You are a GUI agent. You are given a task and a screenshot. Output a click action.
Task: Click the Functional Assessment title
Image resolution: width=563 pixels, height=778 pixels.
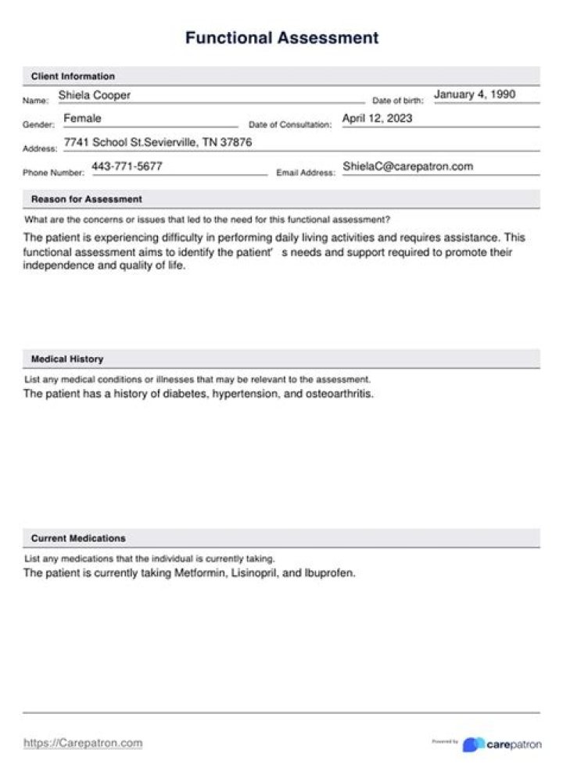(281, 37)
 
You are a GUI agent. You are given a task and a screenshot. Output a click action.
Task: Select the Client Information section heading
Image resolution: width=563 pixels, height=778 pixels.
(73, 77)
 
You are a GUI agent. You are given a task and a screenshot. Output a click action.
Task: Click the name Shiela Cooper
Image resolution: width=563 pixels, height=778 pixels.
(95, 95)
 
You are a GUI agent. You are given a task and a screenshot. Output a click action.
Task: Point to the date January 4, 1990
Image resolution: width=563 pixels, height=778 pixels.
(475, 95)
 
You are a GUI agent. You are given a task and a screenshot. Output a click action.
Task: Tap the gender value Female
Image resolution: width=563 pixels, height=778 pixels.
(82, 119)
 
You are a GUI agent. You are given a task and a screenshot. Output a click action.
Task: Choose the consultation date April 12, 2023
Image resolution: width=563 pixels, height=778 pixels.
(377, 119)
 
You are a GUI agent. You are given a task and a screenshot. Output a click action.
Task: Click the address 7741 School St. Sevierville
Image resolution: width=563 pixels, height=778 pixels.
(158, 143)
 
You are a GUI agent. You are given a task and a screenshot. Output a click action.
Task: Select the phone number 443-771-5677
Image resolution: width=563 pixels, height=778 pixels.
(127, 166)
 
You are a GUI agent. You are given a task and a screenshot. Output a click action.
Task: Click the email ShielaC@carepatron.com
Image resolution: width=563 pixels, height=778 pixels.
(407, 166)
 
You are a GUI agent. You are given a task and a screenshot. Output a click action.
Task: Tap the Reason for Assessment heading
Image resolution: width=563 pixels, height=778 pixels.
(87, 199)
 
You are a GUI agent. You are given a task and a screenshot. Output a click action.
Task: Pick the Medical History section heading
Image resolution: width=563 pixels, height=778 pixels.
(67, 359)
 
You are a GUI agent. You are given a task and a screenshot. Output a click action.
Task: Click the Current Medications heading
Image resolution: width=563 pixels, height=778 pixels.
(78, 538)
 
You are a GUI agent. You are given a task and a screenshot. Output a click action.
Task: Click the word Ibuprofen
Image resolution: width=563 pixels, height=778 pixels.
(330, 573)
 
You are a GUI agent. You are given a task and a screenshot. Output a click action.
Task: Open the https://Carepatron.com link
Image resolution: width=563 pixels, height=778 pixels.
(83, 743)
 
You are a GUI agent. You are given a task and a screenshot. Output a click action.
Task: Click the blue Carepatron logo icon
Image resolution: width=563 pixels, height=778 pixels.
(472, 744)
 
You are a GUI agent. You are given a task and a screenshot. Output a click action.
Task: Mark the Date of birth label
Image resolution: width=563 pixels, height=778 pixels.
(397, 101)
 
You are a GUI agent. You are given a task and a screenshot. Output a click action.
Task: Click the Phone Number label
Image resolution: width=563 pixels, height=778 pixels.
(53, 173)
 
